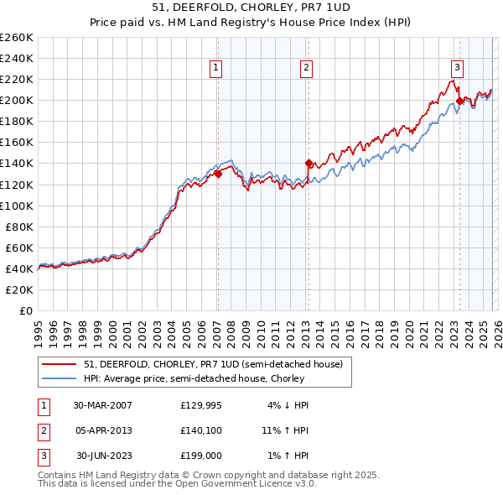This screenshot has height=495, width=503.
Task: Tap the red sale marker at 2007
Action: (x=218, y=174)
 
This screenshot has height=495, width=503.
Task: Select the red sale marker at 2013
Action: (x=308, y=164)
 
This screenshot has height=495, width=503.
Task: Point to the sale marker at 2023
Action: (x=459, y=102)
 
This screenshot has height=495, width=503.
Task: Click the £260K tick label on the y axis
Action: (x=16, y=38)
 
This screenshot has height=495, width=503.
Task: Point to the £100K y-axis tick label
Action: (x=16, y=206)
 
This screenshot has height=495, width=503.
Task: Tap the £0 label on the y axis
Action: (x=25, y=310)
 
